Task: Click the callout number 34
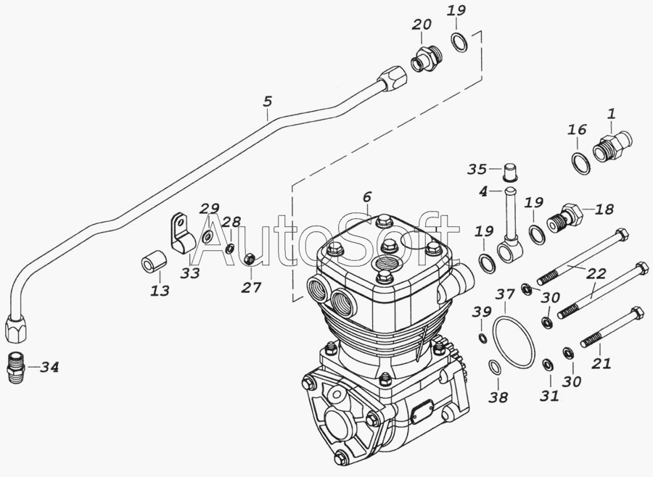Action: (49, 367)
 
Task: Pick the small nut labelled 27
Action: (248, 257)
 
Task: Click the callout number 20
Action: (422, 24)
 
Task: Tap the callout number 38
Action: (498, 397)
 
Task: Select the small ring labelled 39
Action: (482, 338)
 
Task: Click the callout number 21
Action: (601, 363)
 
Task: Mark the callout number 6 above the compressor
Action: (366, 196)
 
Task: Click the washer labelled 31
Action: (548, 363)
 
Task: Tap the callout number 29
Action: (210, 207)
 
